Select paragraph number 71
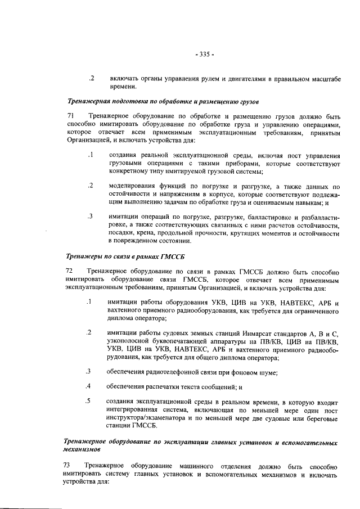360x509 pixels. point(70,115)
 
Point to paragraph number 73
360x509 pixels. point(70,466)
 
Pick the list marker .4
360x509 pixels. point(89,386)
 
